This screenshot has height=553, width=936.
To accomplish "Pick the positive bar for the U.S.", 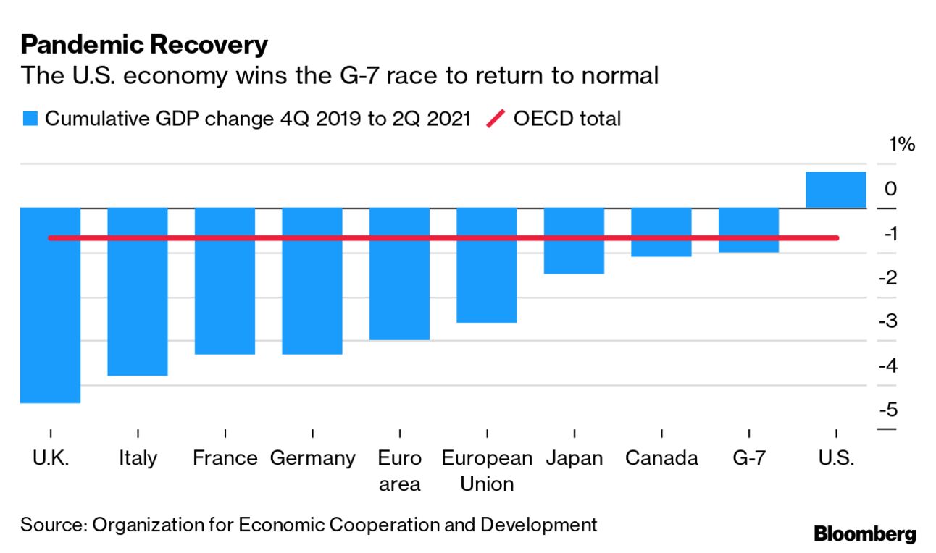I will pyautogui.click(x=835, y=190).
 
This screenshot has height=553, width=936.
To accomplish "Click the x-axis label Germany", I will pyautogui.click(x=312, y=458).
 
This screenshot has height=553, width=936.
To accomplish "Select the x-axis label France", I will pyautogui.click(x=225, y=458).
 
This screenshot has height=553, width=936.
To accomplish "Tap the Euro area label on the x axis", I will pyautogui.click(x=399, y=470).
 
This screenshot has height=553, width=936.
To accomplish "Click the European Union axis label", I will pyautogui.click(x=487, y=470).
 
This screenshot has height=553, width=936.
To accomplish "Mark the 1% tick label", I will pyautogui.click(x=902, y=145).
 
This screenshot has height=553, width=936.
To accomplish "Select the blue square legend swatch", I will pyautogui.click(x=30, y=119).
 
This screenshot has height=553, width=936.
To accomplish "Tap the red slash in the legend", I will pyautogui.click(x=496, y=119).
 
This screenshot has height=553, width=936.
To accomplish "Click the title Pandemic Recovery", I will pyautogui.click(x=144, y=45).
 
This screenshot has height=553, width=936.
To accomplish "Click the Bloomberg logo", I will pyautogui.click(x=865, y=534).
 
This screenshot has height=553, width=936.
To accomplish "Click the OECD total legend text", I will pyautogui.click(x=567, y=119).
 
